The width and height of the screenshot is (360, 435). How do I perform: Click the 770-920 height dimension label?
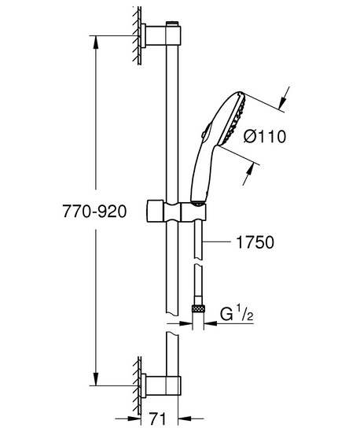94,212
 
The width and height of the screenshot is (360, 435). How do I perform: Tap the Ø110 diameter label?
265,137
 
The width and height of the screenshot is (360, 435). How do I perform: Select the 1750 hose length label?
255,242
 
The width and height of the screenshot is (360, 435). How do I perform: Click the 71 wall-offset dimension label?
157,418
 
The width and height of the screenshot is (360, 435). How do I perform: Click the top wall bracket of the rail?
161,35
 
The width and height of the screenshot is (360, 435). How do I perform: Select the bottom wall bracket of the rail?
161,385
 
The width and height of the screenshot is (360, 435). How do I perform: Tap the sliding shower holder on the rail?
175,212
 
